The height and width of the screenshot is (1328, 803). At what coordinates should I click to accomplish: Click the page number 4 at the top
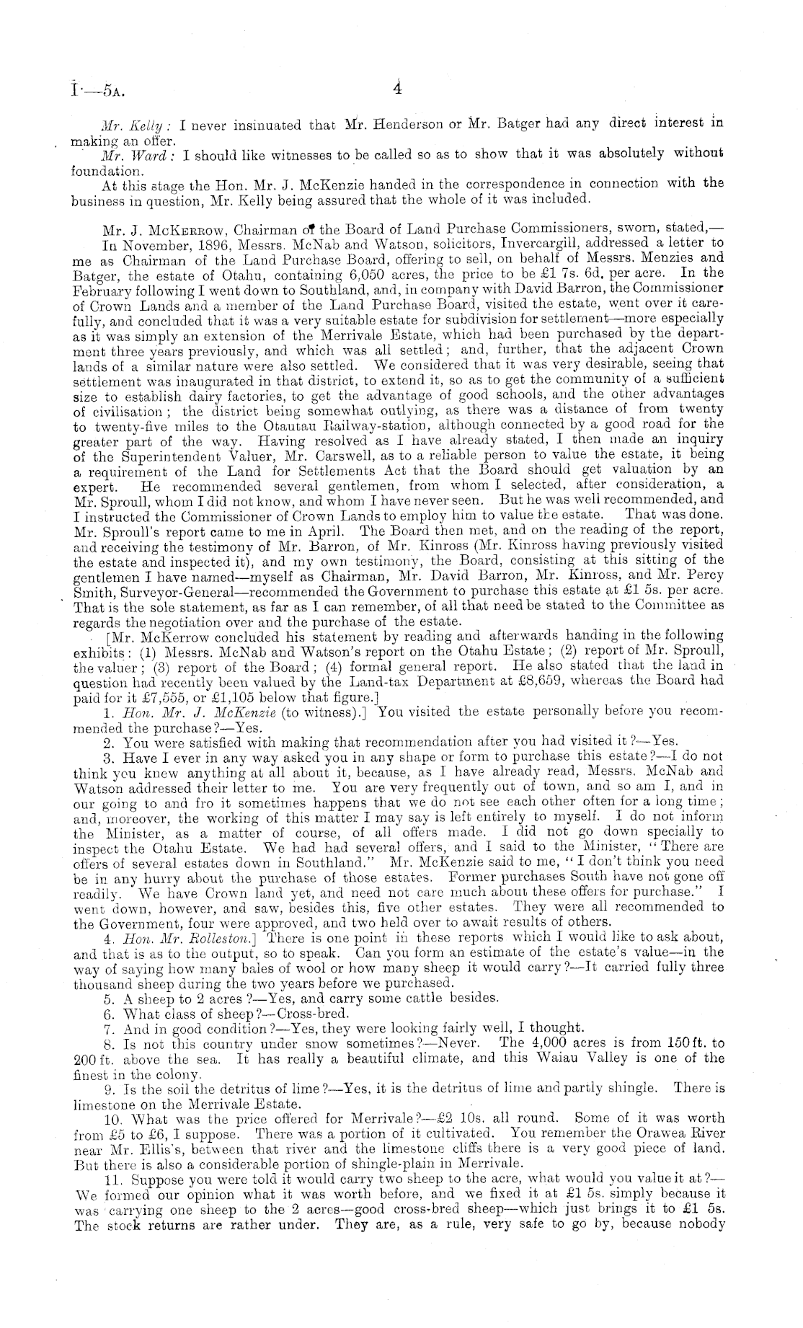click(396, 89)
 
